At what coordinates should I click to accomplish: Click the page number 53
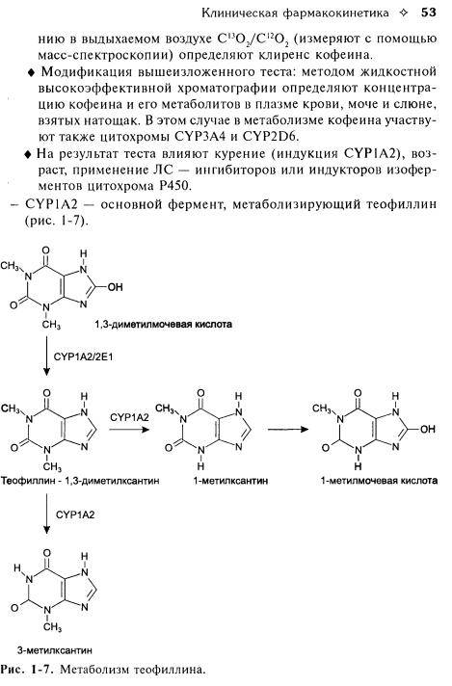coord(428,13)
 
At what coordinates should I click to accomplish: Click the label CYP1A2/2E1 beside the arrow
coord(83,356)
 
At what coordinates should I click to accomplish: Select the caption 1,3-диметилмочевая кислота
coord(163,324)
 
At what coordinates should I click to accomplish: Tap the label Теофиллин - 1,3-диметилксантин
coord(80,481)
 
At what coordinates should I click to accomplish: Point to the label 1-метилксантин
coord(230,481)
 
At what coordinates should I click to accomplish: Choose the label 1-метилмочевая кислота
coord(379,481)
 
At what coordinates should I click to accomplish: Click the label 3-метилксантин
coord(55,650)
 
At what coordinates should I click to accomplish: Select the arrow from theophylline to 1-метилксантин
coord(129,429)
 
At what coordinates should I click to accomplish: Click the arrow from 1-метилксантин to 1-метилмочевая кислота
coord(288,429)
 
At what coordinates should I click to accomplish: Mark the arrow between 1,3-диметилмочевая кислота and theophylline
coord(46,356)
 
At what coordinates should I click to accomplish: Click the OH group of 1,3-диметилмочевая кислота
coord(115,287)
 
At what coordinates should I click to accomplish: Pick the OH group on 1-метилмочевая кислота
coord(428,429)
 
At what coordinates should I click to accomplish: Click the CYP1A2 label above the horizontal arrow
coord(129,417)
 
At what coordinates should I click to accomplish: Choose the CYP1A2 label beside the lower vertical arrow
coord(75,514)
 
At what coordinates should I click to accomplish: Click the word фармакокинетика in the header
coord(335,13)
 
